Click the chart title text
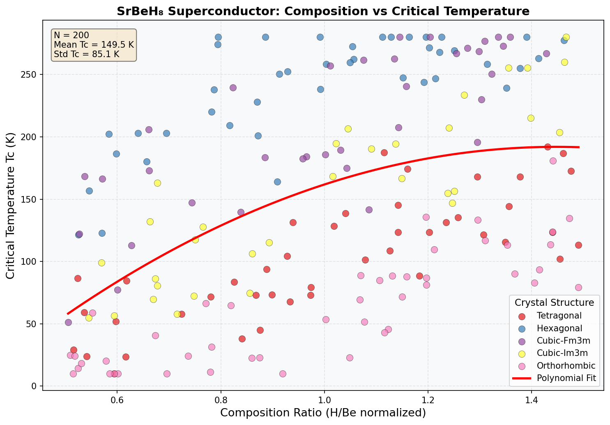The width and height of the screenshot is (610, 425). [x=323, y=11]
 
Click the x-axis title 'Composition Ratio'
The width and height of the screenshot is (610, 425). [x=323, y=413]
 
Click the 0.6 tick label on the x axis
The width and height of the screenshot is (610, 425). [x=117, y=399]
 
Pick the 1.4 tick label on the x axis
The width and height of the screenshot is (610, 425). [x=532, y=399]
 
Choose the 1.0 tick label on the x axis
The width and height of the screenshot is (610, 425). [x=325, y=399]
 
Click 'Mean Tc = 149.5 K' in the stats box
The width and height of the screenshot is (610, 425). [x=94, y=44]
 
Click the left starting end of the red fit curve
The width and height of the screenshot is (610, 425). [x=68, y=314]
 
